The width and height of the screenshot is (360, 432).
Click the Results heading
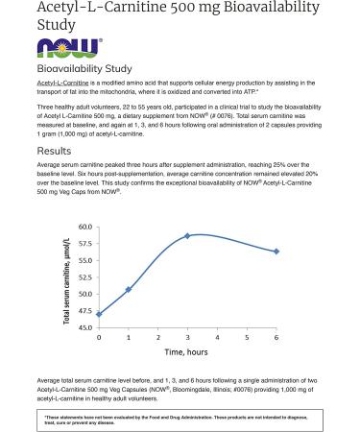[54, 151]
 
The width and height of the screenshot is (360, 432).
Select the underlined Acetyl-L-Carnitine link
[58, 84]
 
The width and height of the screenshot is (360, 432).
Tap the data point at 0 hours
[99, 314]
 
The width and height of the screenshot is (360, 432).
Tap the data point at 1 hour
[129, 289]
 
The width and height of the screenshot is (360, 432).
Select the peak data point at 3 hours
[187, 235]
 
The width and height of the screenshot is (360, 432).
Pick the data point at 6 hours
[276, 252]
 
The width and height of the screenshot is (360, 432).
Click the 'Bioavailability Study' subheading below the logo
[84, 69]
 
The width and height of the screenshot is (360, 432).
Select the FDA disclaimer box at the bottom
[180, 420]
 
